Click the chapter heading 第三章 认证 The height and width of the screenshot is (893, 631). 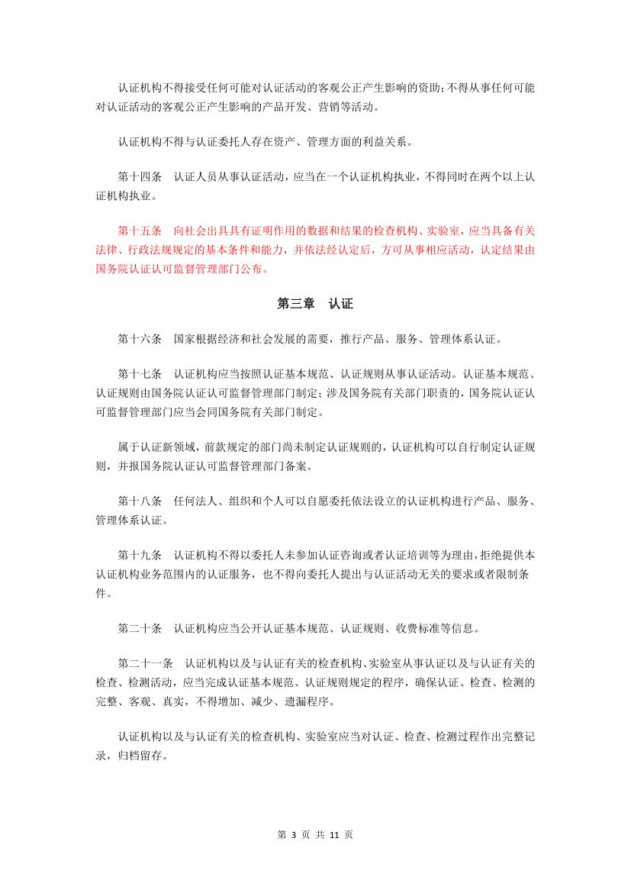coord(314,304)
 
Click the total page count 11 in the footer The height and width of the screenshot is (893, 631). coord(333,834)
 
